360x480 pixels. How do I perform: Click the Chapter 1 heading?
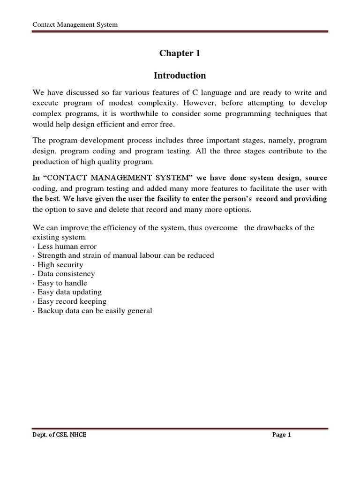click(x=180, y=53)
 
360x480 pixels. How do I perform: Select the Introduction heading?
click(x=180, y=75)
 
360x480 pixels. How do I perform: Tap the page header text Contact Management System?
click(x=75, y=24)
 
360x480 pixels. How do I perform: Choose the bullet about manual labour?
click(x=125, y=255)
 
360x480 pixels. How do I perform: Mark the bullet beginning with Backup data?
click(x=94, y=311)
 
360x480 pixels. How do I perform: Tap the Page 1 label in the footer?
click(x=282, y=435)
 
